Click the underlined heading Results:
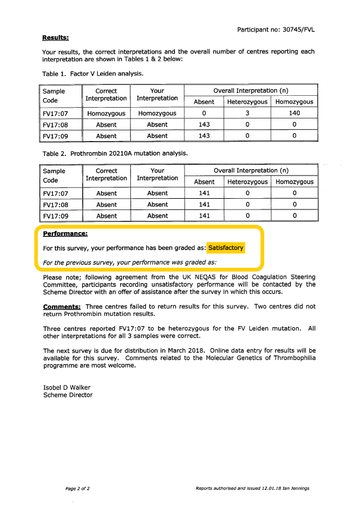55,38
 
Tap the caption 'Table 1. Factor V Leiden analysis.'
93,74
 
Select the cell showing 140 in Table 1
294,113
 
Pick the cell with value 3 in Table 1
247,113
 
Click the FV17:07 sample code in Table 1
56,113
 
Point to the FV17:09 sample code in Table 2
56,216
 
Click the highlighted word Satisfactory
226,248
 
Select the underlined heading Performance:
65,234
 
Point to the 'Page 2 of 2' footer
77,489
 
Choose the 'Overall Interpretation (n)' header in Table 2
251,171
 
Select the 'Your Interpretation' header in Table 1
157,95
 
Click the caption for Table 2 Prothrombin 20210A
115,153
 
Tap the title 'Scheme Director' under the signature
68,395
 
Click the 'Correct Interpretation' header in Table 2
107,174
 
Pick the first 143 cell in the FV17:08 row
204,124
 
